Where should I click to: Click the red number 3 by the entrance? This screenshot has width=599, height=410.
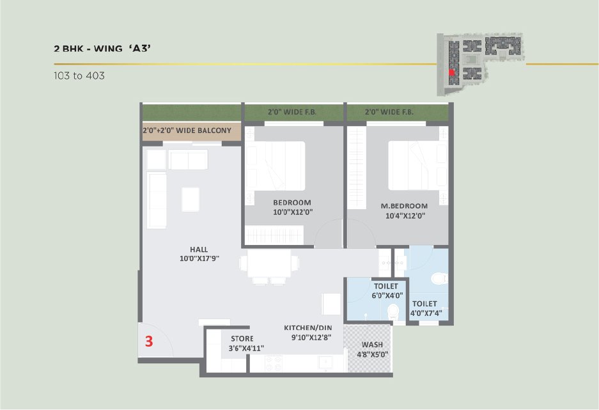(x=149, y=341)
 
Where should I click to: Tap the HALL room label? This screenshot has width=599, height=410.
(x=199, y=249)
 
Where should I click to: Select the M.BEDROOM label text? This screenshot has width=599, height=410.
(x=404, y=206)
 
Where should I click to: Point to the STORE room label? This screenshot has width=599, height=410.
(x=242, y=338)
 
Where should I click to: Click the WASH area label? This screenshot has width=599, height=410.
(x=372, y=345)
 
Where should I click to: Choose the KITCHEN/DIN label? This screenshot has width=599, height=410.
(x=308, y=328)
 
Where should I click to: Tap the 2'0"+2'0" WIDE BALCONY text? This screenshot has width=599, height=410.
(x=187, y=130)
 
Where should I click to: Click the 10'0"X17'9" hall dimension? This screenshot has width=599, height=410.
(x=199, y=258)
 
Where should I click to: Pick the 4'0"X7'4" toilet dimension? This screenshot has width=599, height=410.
(x=426, y=313)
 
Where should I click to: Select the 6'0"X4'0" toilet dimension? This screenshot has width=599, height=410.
(x=387, y=296)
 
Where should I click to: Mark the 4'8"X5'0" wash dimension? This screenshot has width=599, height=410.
(x=373, y=354)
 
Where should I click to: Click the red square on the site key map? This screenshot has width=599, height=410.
(x=451, y=72)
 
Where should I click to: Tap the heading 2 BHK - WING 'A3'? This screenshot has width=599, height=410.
(x=102, y=49)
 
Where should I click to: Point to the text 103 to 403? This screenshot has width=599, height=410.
(x=79, y=75)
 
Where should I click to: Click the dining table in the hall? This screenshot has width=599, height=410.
(x=269, y=264)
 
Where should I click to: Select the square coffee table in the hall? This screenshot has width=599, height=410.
(x=191, y=199)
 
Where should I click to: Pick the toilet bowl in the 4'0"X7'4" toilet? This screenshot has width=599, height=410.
(x=440, y=278)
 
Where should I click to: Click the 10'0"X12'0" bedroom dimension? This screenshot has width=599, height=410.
(x=293, y=212)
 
